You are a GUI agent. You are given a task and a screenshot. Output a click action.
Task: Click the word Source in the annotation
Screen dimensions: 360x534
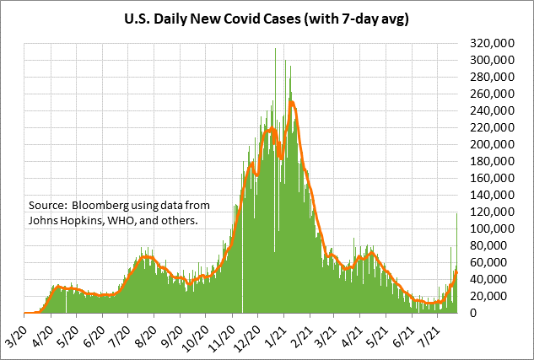click(x=47, y=205)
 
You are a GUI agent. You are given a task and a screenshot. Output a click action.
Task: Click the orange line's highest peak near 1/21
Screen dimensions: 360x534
click(x=291, y=102)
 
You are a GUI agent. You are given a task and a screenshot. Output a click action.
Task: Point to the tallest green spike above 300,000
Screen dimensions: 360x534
click(x=275, y=50)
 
